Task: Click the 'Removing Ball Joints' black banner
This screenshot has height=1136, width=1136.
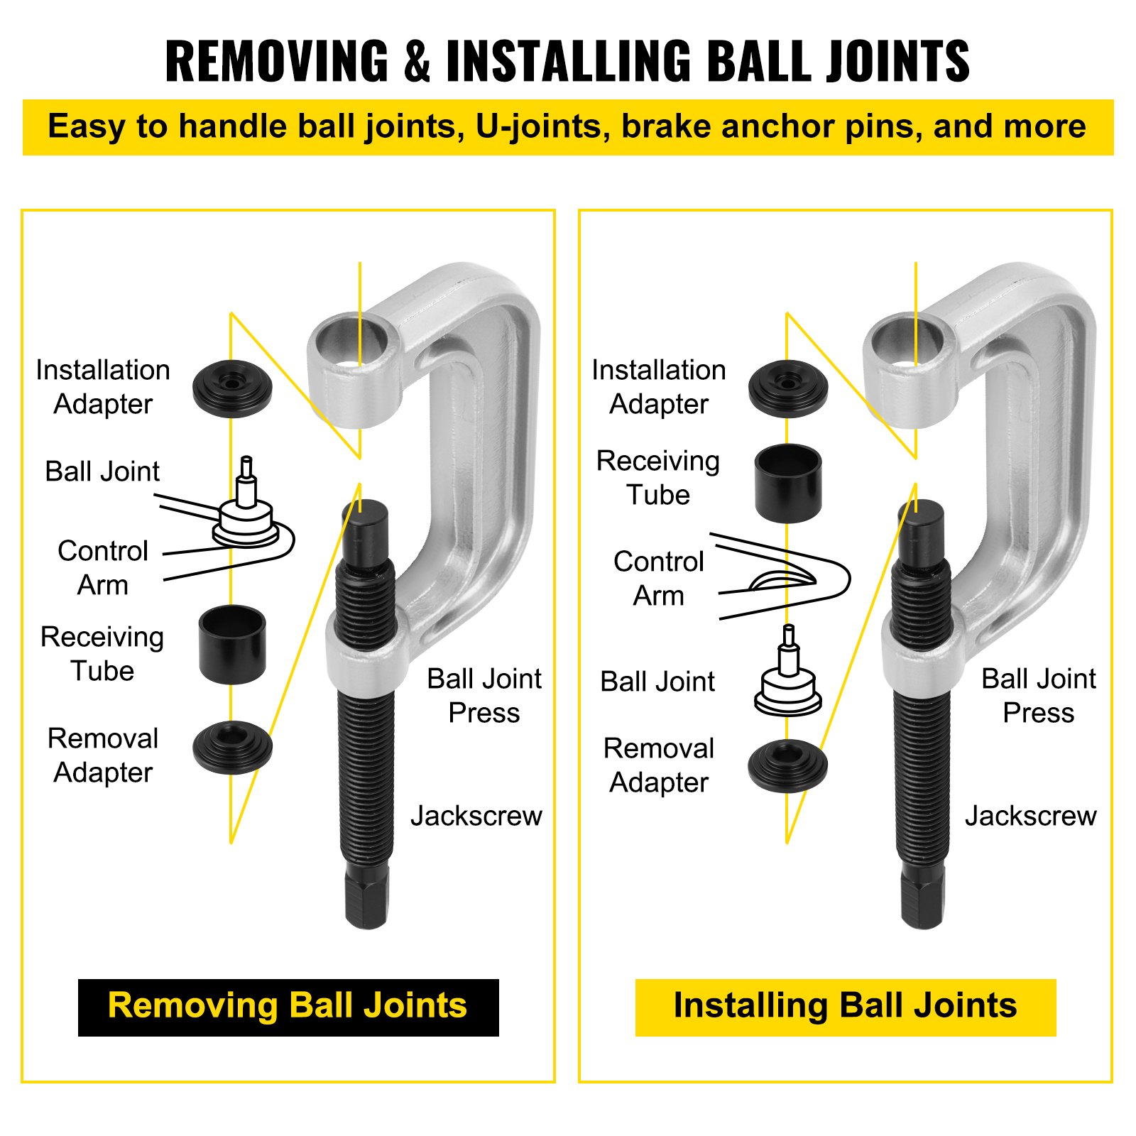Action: click(x=288, y=1007)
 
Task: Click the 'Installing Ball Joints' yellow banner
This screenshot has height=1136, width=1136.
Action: click(x=845, y=1007)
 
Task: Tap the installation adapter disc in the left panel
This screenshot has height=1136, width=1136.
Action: click(x=232, y=388)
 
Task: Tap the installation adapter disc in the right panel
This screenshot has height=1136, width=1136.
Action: click(x=788, y=388)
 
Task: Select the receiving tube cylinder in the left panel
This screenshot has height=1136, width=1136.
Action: click(x=232, y=644)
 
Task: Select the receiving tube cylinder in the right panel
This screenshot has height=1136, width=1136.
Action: click(x=788, y=483)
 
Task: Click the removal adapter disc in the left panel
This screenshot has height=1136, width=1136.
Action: click(x=232, y=748)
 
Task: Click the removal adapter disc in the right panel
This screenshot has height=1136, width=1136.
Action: click(x=787, y=766)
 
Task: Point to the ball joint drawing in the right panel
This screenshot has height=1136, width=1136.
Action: click(x=788, y=678)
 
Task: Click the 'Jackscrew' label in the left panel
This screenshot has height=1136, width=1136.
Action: click(x=476, y=816)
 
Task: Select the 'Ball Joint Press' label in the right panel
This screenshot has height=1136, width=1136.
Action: click(x=1038, y=696)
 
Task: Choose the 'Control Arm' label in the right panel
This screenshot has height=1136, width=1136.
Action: click(x=658, y=579)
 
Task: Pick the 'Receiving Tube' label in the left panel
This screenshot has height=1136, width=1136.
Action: click(x=102, y=654)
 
